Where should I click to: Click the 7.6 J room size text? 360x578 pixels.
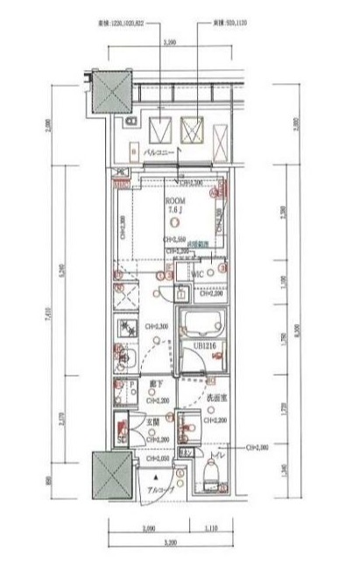click(178, 210)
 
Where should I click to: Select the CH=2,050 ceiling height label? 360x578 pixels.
click(159, 458)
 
